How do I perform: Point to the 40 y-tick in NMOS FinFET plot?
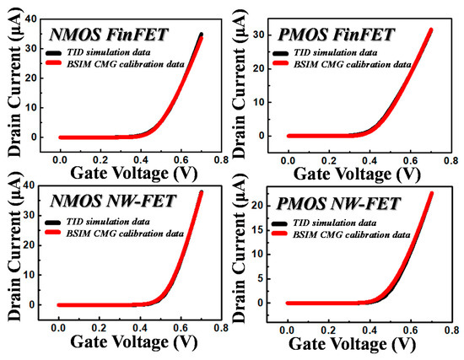(x=30, y=18)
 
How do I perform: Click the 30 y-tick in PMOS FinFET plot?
(x=260, y=34)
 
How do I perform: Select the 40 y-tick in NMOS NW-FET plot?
(x=30, y=185)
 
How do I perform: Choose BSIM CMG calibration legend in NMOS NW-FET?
(x=127, y=232)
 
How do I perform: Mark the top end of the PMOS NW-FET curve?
(x=433, y=193)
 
